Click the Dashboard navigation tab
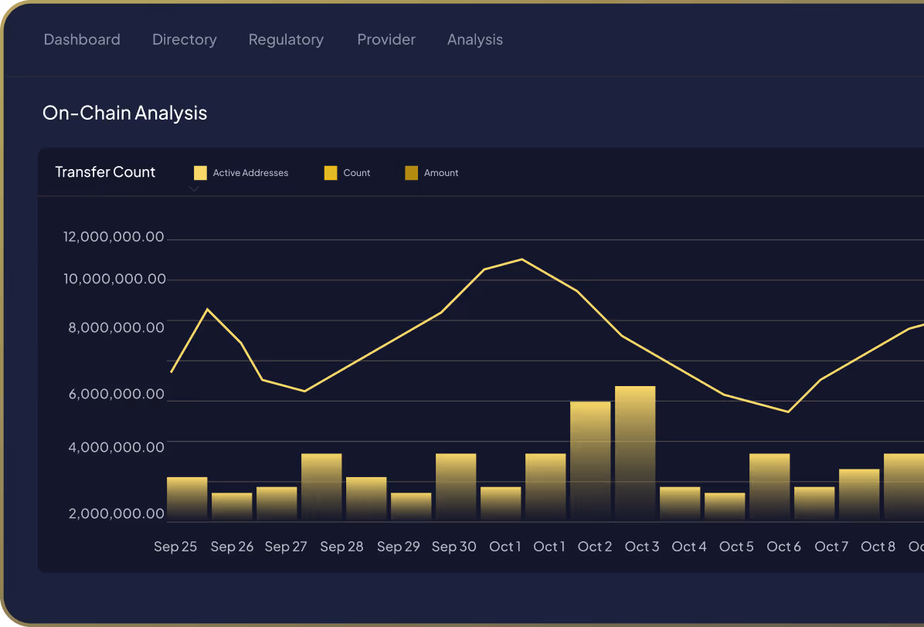coord(82,39)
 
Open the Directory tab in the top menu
coord(185,39)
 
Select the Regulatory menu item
coord(286,39)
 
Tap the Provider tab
coord(386,39)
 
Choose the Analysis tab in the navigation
coord(475,39)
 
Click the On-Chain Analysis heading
coord(124,113)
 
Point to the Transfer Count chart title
coord(105,172)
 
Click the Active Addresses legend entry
coord(241,173)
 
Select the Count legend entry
coord(348,173)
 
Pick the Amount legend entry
coord(432,173)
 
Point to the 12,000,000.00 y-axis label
coord(114,237)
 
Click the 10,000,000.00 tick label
coord(114,279)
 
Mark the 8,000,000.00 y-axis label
coord(117,327)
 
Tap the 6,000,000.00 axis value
coord(117,394)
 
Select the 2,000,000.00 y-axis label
coord(117,513)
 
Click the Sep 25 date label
coord(175,547)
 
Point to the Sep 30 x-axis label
coord(454,547)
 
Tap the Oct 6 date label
coord(783,547)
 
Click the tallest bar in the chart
coord(635,452)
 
